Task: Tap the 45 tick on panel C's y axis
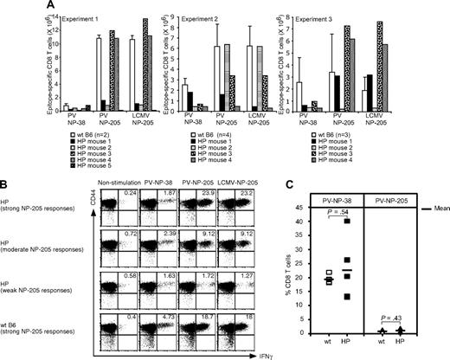[x=307, y=207]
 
